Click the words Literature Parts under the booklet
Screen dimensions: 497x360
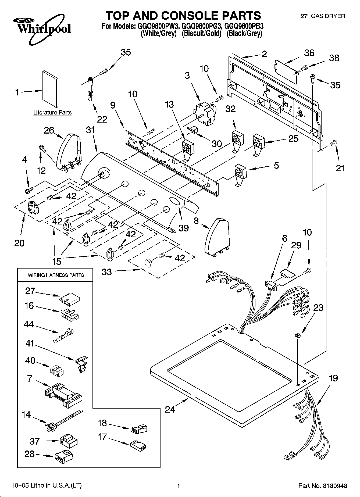click(x=52, y=113)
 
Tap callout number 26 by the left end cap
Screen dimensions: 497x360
click(x=49, y=131)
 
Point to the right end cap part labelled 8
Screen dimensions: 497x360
click(x=217, y=237)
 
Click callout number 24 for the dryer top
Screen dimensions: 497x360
click(x=170, y=409)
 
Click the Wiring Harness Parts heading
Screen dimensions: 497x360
click(x=56, y=275)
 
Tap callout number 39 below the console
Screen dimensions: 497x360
click(x=184, y=228)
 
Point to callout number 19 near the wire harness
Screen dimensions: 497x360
click(x=333, y=378)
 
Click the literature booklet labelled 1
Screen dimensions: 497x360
click(x=50, y=88)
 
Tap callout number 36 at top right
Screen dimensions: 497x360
click(x=309, y=53)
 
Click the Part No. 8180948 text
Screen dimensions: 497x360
click(x=323, y=486)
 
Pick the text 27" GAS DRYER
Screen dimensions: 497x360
click(x=323, y=16)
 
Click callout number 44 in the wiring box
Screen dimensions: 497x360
click(x=29, y=324)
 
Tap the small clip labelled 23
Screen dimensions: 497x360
click(x=297, y=335)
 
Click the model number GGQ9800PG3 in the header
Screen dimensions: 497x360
click(x=201, y=26)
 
